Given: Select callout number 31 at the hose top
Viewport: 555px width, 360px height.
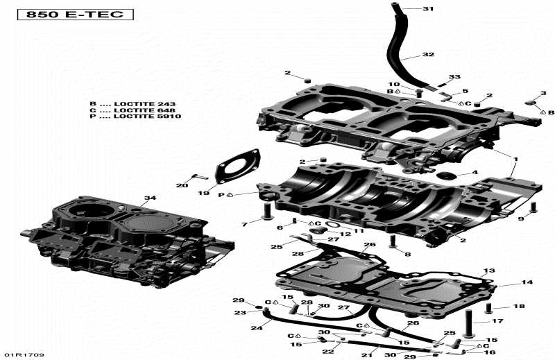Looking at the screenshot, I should tap(427, 9).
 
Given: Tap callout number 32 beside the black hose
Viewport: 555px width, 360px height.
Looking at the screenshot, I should tap(427, 54).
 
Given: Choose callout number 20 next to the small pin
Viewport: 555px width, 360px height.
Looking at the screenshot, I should tap(182, 185).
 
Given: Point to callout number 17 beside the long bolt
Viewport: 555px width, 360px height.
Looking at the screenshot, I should tap(497, 321).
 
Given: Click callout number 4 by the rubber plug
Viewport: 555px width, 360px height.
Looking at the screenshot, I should tap(475, 173).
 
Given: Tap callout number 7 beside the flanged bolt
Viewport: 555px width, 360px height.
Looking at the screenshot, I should tap(244, 225).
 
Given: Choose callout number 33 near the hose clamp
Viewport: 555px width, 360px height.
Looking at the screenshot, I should tap(454, 76).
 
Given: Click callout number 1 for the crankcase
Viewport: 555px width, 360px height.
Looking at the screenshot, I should tap(514, 159).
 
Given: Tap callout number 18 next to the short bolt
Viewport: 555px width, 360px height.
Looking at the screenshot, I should tap(518, 306).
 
